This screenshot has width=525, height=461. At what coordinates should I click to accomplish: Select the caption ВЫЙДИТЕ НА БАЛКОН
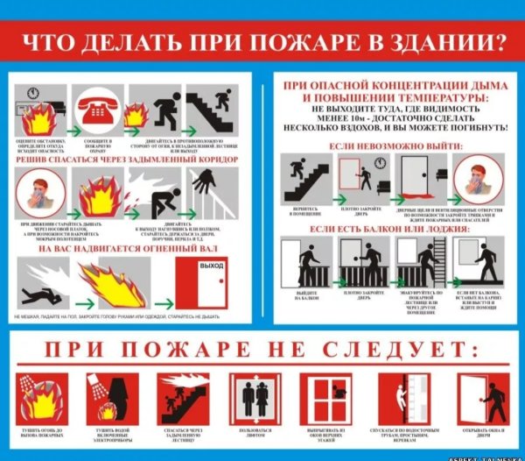click(x=307, y=297)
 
